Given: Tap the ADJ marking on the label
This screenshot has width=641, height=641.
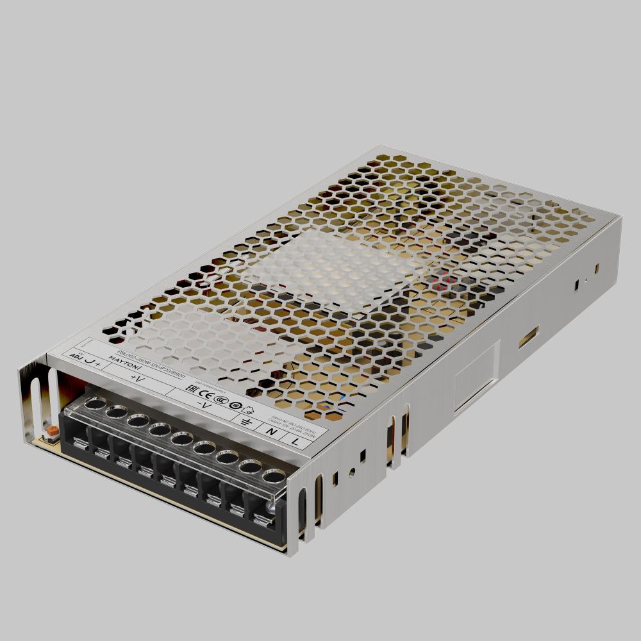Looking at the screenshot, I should pyautogui.click(x=76, y=354).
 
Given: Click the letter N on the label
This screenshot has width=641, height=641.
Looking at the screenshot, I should pyautogui.click(x=272, y=432).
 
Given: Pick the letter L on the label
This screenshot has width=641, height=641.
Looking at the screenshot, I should pyautogui.click(x=295, y=441).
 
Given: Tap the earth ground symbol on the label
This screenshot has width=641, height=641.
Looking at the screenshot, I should pyautogui.click(x=244, y=421).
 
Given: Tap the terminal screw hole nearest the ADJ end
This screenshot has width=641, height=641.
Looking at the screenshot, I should pyautogui.click(x=96, y=403).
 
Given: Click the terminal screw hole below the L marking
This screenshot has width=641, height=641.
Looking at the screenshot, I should pyautogui.click(x=273, y=476).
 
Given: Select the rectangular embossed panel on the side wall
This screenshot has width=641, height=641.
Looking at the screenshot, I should pyautogui.click(x=476, y=378).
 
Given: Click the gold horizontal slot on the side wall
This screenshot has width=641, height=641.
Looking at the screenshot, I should pyautogui.click(x=528, y=336).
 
